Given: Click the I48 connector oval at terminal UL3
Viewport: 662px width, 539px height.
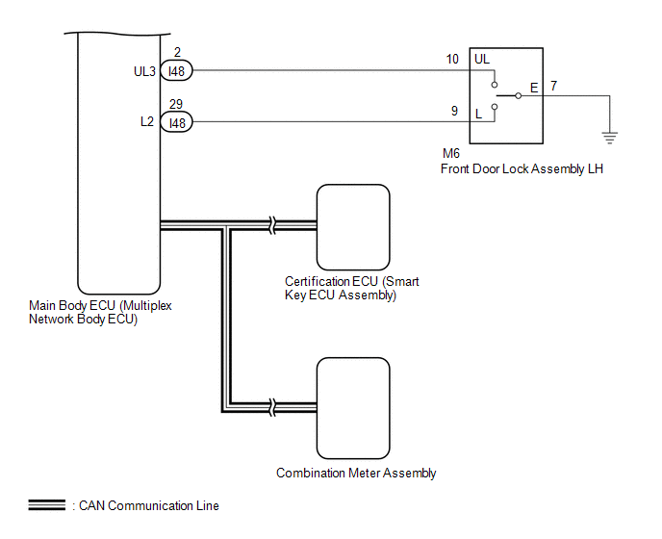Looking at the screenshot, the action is click(176, 70).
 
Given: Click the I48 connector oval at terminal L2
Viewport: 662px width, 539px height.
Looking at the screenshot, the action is click(176, 122).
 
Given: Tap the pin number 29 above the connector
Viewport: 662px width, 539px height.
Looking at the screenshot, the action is click(176, 104).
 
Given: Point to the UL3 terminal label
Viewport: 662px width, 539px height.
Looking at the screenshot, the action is click(144, 71).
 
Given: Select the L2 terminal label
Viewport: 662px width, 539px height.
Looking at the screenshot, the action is click(147, 121).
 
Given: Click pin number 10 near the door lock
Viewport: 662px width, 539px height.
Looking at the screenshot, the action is click(452, 59).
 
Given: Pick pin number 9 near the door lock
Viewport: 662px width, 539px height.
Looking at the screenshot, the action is click(454, 111).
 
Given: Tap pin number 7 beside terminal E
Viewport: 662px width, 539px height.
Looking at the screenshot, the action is click(553, 86).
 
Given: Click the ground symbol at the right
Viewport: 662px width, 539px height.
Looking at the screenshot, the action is click(610, 138).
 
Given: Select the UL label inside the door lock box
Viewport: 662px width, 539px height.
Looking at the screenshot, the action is click(482, 59).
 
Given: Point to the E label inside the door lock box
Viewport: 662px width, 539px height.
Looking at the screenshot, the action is click(534, 88).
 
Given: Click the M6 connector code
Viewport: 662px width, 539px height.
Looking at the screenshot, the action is click(451, 153).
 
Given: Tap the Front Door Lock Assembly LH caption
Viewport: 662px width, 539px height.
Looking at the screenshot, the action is click(522, 169).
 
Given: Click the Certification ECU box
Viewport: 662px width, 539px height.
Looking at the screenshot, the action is click(353, 227).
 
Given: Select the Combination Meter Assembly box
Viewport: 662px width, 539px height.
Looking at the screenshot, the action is click(353, 408).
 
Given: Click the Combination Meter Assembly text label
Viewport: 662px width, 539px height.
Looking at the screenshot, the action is click(356, 474).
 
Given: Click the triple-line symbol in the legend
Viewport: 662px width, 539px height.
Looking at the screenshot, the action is click(47, 504).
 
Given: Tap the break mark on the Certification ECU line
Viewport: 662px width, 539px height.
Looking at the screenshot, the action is click(272, 225).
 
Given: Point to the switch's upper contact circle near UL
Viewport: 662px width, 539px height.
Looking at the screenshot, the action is click(495, 85).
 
